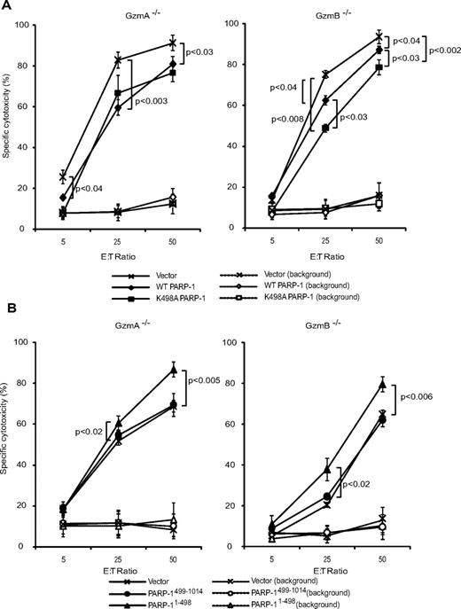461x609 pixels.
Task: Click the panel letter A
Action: [x=6, y=6]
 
